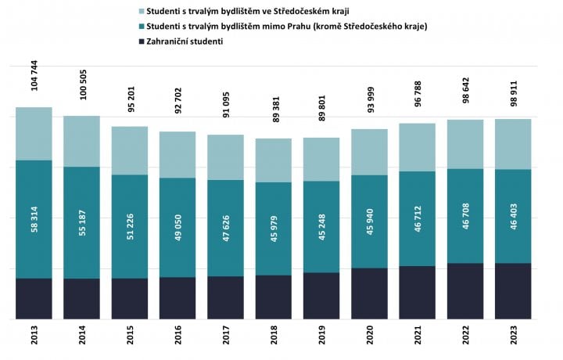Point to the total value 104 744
[33, 76]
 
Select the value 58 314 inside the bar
[34, 219]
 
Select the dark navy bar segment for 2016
[178, 298]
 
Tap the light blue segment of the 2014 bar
[81, 141]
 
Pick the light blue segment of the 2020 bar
[369, 152]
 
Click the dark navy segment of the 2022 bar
[465, 291]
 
